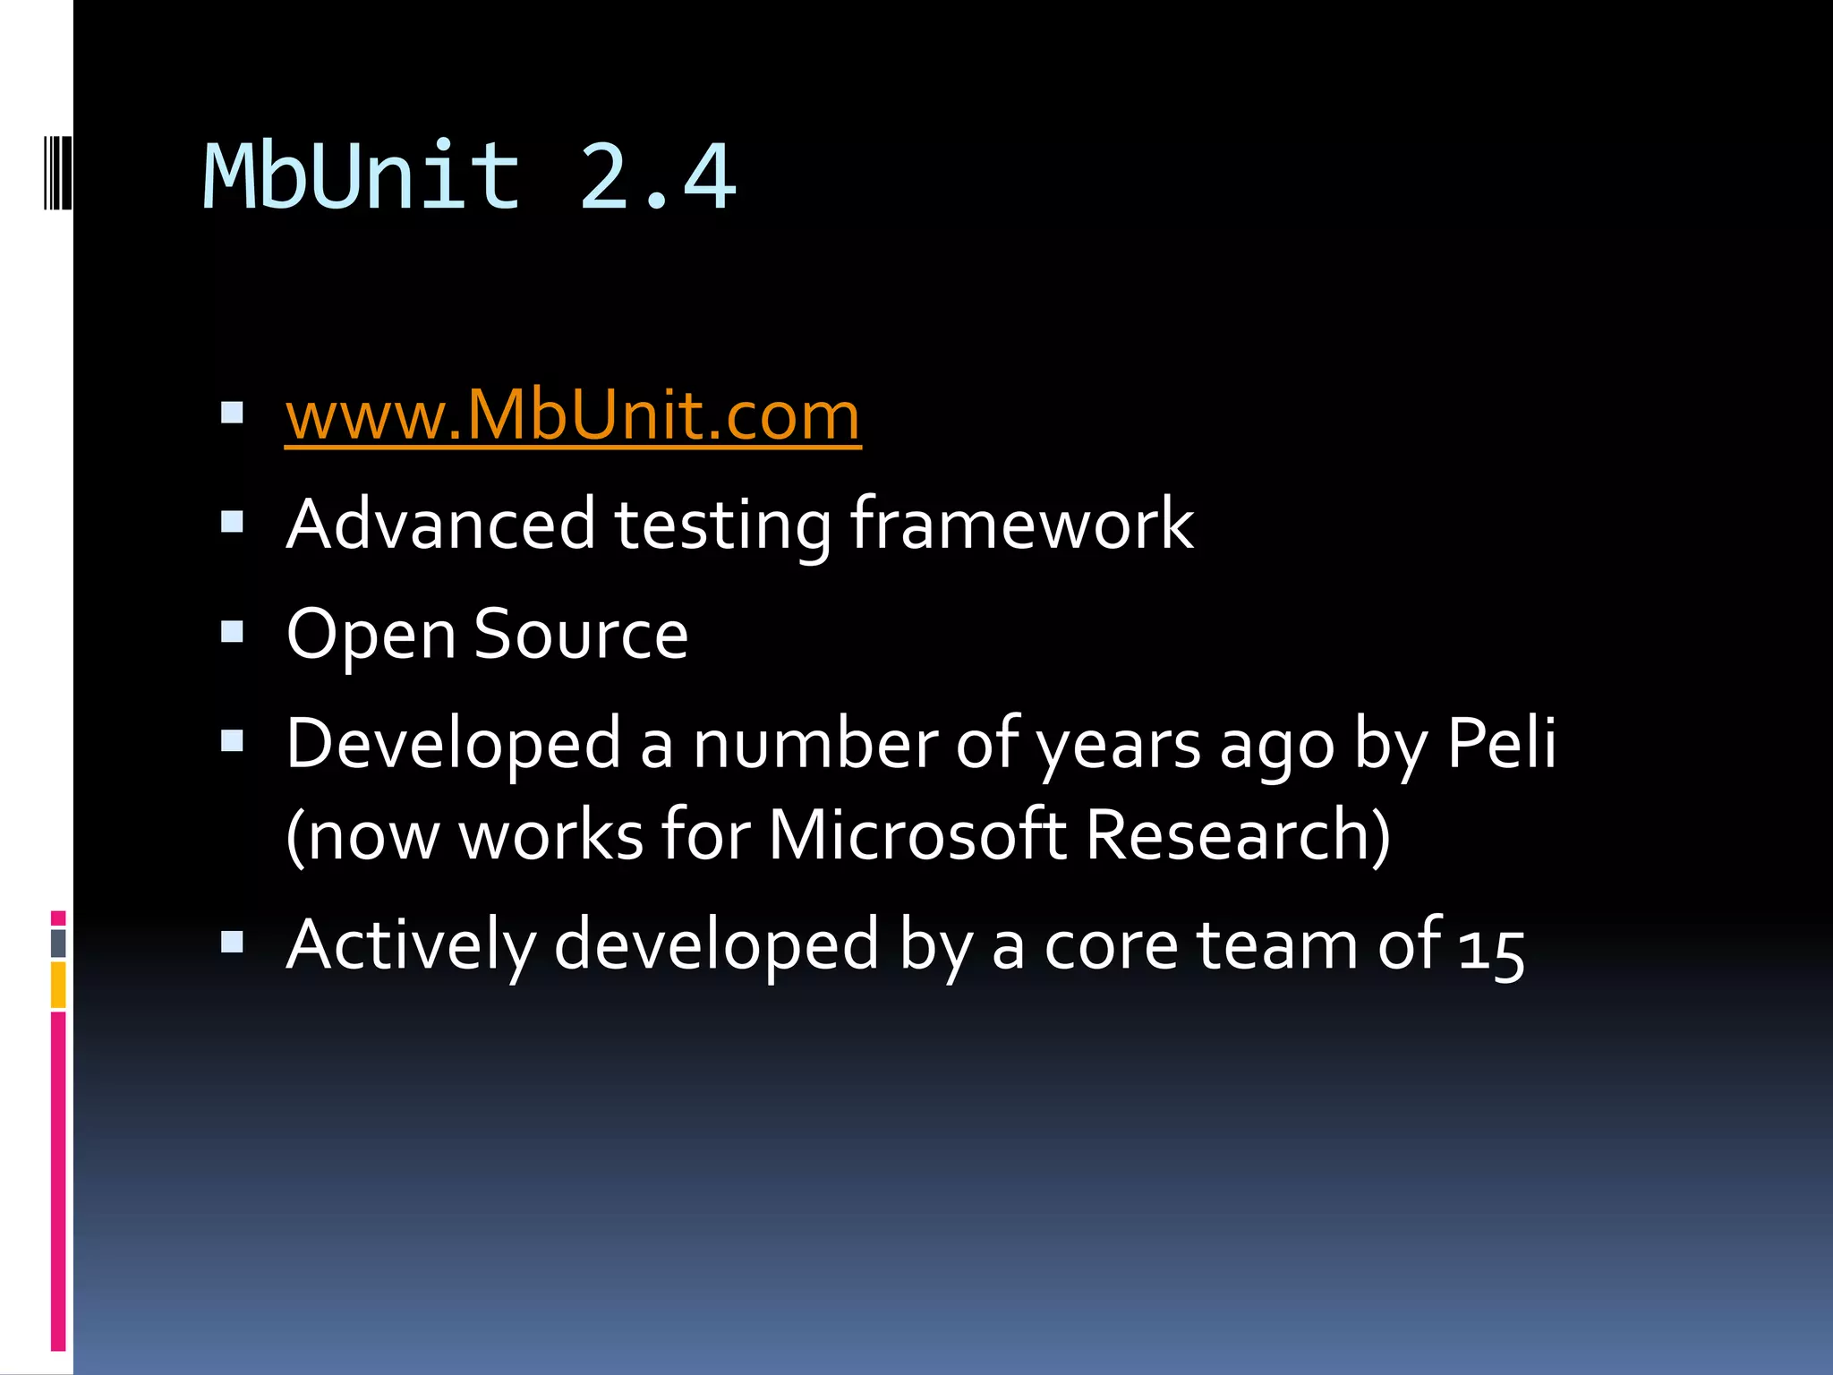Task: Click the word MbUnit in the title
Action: (x=362, y=176)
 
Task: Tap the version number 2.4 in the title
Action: (x=658, y=176)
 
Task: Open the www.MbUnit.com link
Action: (x=573, y=416)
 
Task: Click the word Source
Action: (x=581, y=634)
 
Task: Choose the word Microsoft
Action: (x=916, y=834)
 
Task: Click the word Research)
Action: (x=1239, y=834)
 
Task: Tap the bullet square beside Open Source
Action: (x=233, y=632)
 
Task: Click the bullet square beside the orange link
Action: (x=233, y=413)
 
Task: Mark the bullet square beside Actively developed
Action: (x=233, y=942)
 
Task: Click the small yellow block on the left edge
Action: (x=58, y=985)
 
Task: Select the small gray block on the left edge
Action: (x=58, y=943)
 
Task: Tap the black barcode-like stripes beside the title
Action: (x=57, y=172)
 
